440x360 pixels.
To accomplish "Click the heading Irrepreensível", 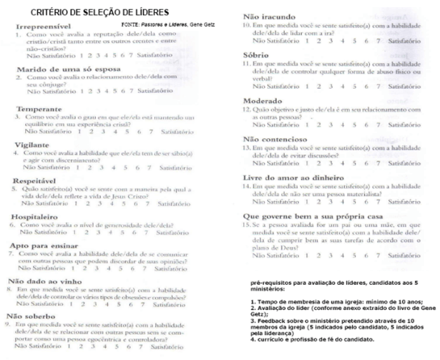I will pos(46,26).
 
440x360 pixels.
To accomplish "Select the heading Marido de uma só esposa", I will pos(64,69).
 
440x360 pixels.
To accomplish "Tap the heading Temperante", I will pos(39,109).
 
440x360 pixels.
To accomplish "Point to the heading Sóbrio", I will pos(258,54).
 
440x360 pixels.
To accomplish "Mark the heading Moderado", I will pos(266,100).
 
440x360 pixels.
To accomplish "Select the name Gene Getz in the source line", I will pos(220,25).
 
